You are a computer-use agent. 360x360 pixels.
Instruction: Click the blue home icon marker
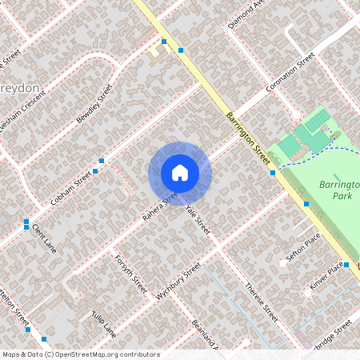180,173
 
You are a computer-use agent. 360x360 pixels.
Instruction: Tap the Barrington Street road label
248,138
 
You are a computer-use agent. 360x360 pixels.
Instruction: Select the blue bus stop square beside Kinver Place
346,264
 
